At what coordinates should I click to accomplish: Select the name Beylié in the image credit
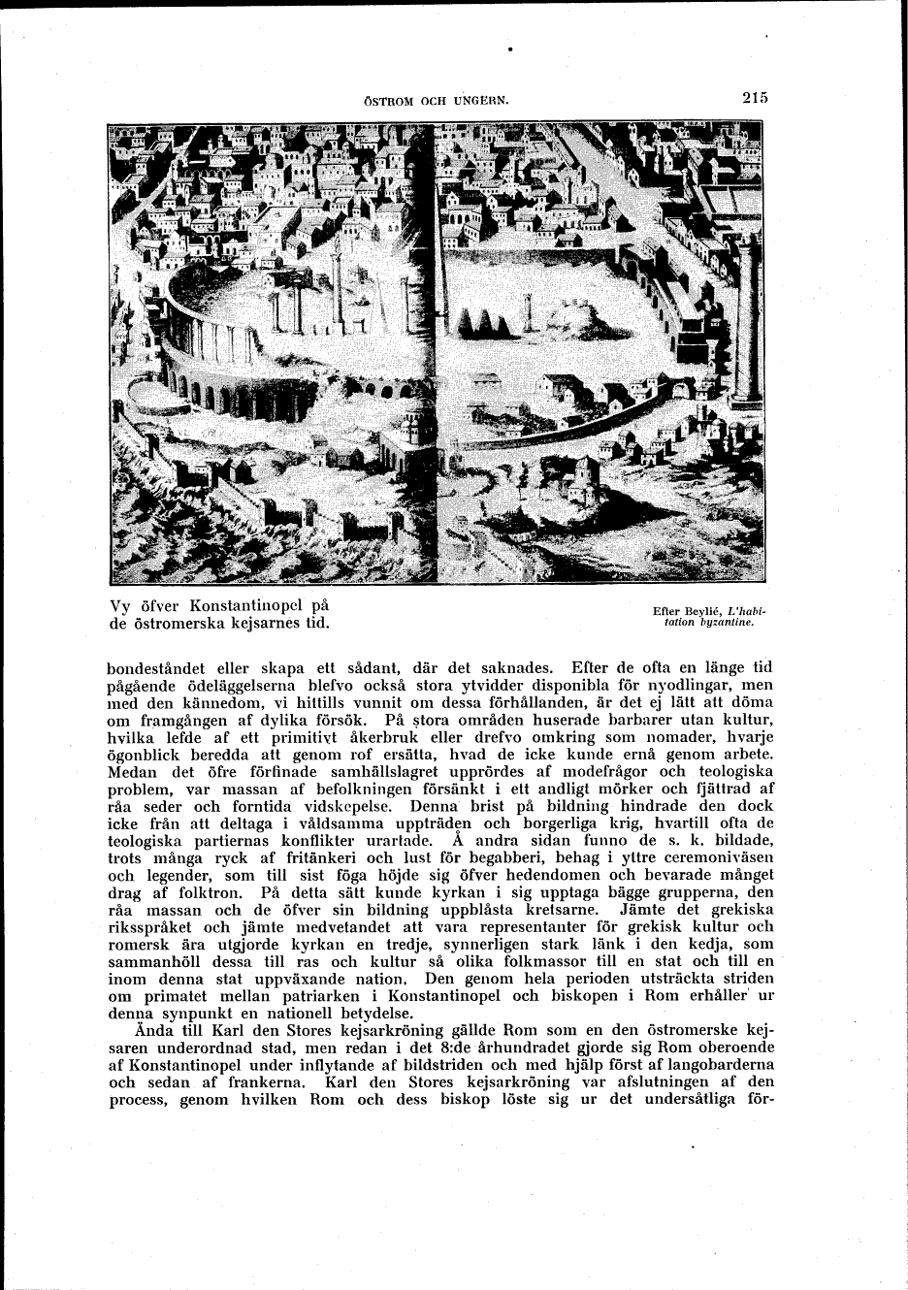(x=700, y=611)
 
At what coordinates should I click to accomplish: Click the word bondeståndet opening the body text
(x=165, y=667)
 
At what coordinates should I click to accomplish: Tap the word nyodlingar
(x=688, y=685)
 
